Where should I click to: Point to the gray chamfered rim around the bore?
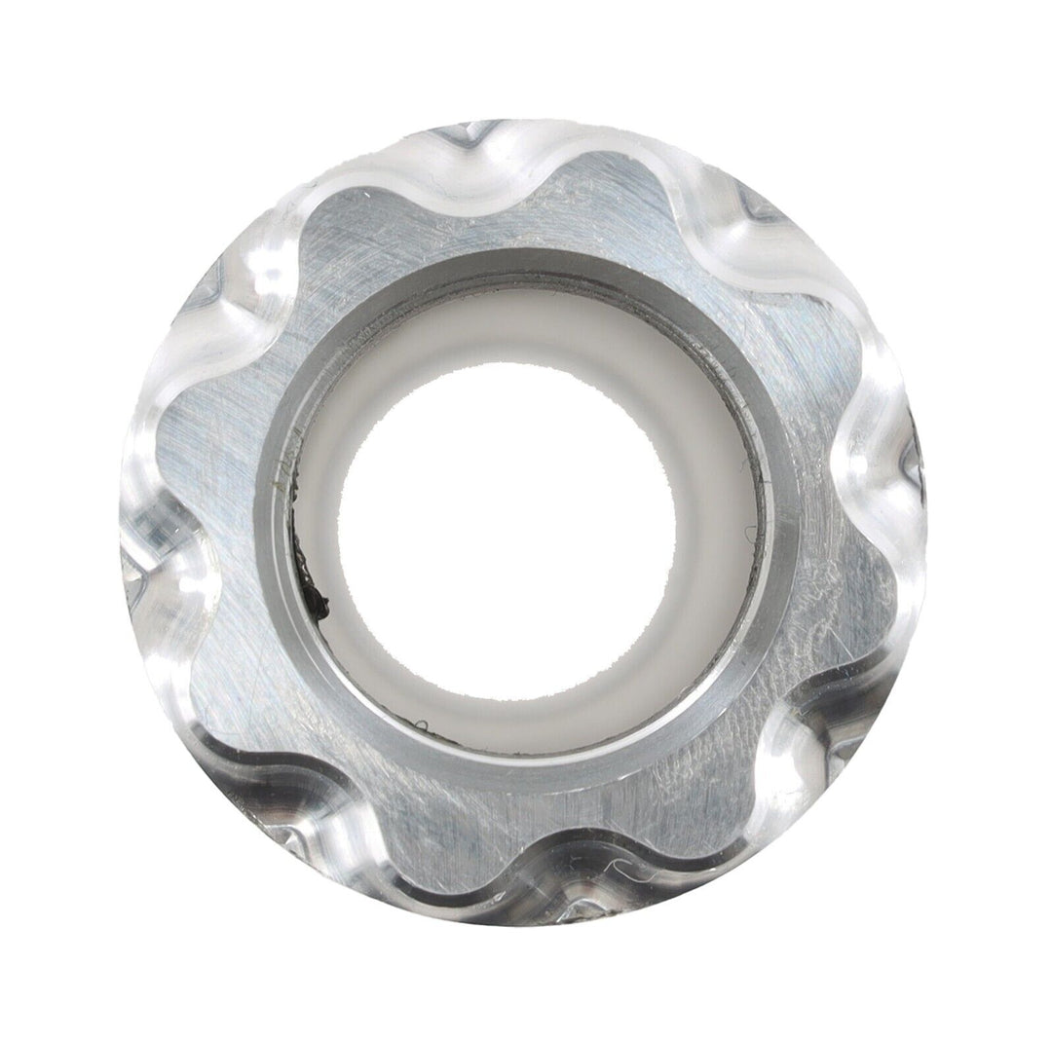tap(526, 265)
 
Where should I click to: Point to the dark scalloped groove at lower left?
tap(292, 837)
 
